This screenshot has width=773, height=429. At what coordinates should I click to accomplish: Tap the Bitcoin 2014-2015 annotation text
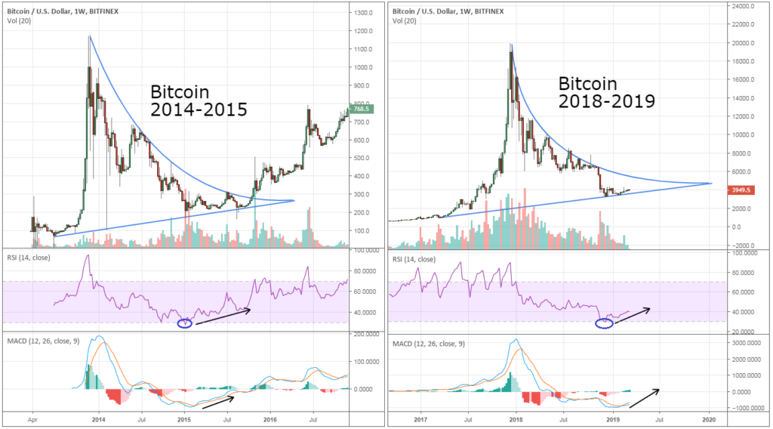(x=199, y=100)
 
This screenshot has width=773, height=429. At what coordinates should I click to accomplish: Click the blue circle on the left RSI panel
(x=184, y=323)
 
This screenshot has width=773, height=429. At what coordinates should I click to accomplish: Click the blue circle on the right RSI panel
(x=604, y=323)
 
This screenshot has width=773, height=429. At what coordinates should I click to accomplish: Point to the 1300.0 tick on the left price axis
(x=365, y=14)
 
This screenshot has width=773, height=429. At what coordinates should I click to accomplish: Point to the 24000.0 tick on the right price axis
(x=741, y=6)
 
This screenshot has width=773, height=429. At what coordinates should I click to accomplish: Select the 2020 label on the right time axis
(x=710, y=417)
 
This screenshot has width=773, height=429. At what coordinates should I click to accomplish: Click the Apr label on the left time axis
(x=32, y=417)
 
